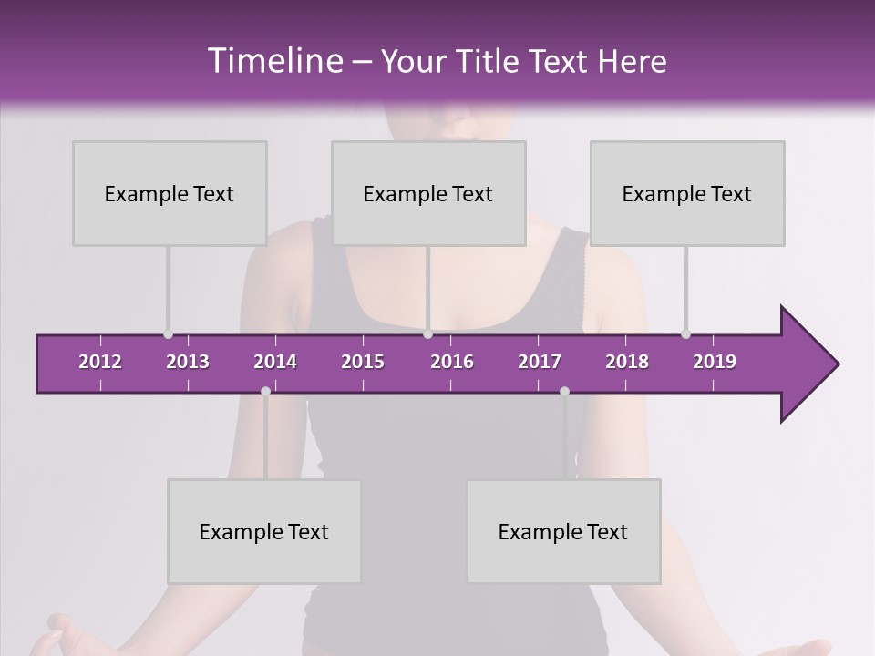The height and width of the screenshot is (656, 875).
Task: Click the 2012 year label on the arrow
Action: (100, 362)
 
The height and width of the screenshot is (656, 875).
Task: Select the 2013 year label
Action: (188, 362)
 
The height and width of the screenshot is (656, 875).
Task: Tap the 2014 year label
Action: (275, 362)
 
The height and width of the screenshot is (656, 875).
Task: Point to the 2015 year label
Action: (363, 362)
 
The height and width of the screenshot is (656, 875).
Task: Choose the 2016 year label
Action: (452, 362)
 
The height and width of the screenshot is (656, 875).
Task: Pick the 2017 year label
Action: (540, 362)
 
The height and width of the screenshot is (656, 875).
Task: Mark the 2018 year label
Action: (627, 362)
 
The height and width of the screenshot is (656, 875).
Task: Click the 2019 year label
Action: (715, 362)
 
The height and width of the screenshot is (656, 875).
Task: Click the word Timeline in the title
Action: (274, 61)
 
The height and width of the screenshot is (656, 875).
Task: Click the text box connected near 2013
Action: (170, 193)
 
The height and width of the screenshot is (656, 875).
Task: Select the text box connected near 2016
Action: (428, 193)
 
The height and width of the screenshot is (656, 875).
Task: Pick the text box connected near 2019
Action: (687, 193)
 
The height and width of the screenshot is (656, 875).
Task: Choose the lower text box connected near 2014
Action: (264, 531)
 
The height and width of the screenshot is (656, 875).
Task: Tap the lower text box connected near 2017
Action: (563, 531)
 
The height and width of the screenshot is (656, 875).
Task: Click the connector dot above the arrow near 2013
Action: (168, 334)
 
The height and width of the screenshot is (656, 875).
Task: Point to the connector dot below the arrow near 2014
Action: (265, 391)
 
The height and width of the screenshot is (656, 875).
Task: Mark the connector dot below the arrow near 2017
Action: (564, 391)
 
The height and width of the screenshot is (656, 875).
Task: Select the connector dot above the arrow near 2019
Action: (685, 334)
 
